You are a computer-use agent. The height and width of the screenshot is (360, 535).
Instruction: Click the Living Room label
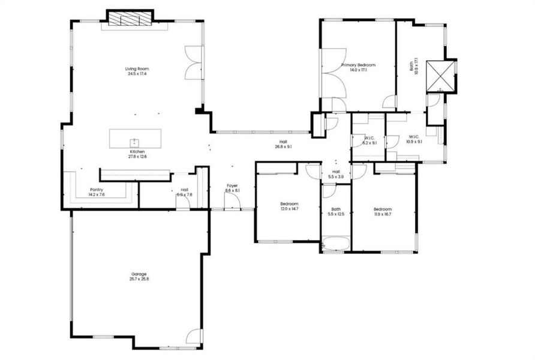coord(137,69)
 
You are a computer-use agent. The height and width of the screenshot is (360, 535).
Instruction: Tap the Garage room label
coord(139,274)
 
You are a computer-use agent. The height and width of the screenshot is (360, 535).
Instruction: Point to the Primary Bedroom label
coord(358,65)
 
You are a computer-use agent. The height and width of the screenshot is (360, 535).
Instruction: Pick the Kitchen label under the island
coord(137,152)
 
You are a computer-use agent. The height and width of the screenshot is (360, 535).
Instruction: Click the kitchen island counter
coord(135,139)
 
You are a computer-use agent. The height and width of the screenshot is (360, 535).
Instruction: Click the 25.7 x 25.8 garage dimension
coord(139,279)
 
